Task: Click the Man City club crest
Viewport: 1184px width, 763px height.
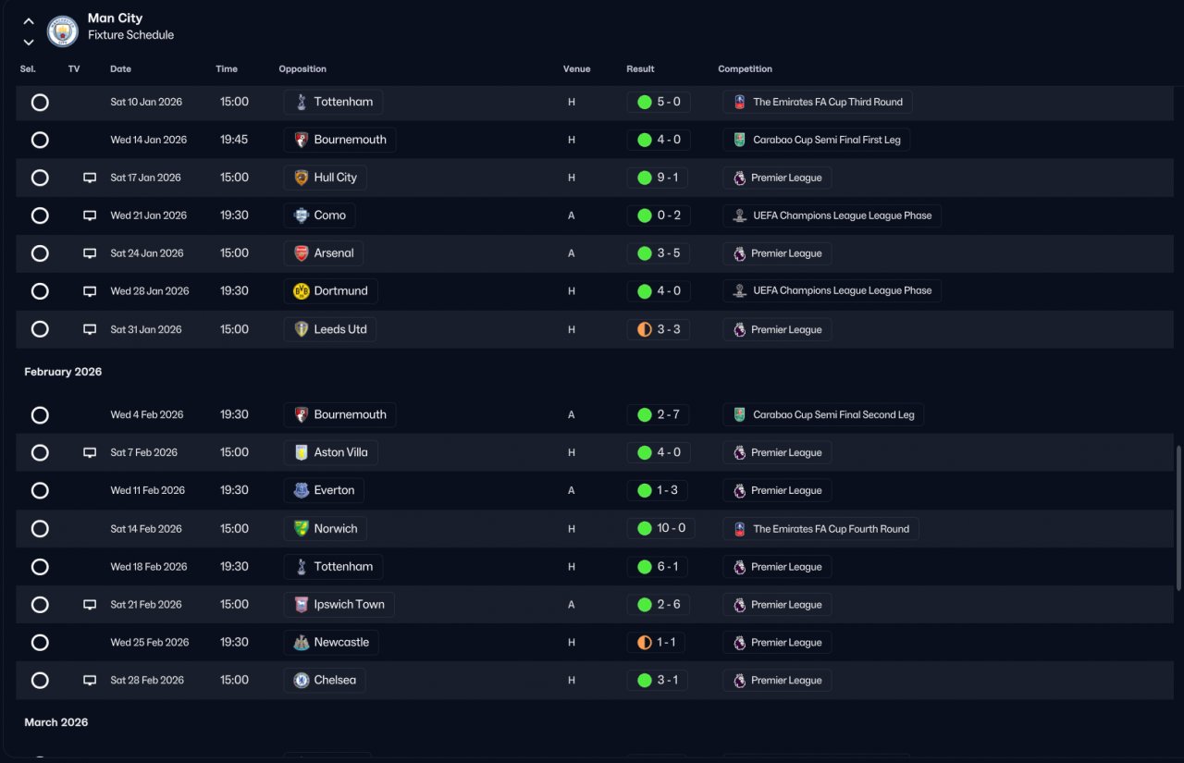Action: tap(62, 31)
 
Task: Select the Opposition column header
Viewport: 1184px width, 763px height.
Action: tap(302, 68)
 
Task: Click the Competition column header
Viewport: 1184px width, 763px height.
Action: tap(745, 68)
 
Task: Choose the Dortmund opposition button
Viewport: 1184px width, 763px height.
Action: tap(330, 291)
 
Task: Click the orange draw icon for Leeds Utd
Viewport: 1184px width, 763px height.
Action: tap(645, 330)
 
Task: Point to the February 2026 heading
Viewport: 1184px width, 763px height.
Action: tap(63, 372)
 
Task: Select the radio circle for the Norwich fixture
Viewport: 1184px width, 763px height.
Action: tap(40, 529)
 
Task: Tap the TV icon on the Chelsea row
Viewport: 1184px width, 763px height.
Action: tap(90, 681)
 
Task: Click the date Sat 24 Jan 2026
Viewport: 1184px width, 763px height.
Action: tap(147, 253)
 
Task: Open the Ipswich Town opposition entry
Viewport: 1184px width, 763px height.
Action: tap(339, 605)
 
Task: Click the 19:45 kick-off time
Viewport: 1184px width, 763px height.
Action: tap(234, 140)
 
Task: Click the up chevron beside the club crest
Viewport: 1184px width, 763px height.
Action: tap(29, 21)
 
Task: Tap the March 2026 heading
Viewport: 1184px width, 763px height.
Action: tap(56, 722)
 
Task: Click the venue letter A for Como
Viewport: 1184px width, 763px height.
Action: tap(571, 215)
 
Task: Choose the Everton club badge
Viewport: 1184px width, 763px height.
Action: tap(302, 490)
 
